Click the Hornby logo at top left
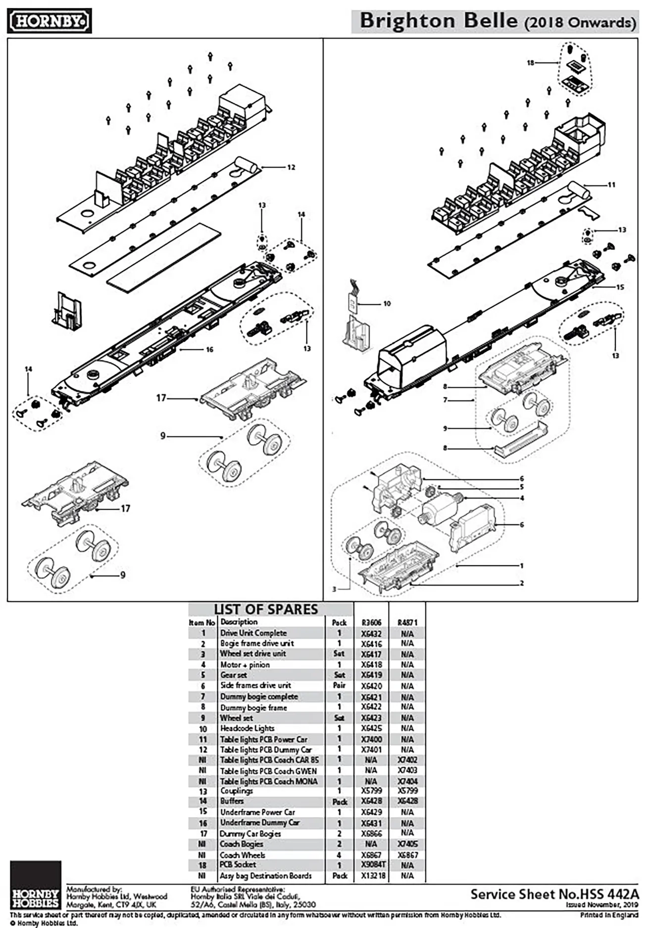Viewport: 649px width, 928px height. (49, 22)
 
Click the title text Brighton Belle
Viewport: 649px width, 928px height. (438, 21)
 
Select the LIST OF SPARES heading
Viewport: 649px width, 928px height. (266, 609)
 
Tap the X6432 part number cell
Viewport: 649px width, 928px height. (371, 634)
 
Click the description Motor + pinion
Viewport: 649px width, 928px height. (245, 665)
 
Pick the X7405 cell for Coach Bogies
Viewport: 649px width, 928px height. (407, 844)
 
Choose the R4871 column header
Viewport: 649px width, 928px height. (407, 622)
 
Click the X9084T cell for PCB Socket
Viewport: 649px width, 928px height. (373, 865)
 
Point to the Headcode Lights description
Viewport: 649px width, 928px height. (247, 728)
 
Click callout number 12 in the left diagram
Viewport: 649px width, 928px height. (291, 167)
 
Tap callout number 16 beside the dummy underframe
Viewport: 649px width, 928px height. (209, 350)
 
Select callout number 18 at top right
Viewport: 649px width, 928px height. (531, 63)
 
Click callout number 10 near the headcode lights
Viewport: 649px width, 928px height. (387, 303)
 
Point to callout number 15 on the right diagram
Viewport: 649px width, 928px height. (620, 287)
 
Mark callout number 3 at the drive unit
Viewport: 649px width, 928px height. (334, 589)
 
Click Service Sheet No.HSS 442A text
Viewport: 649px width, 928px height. (554, 894)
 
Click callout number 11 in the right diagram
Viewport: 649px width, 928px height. (611, 185)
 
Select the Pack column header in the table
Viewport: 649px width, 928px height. (339, 622)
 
